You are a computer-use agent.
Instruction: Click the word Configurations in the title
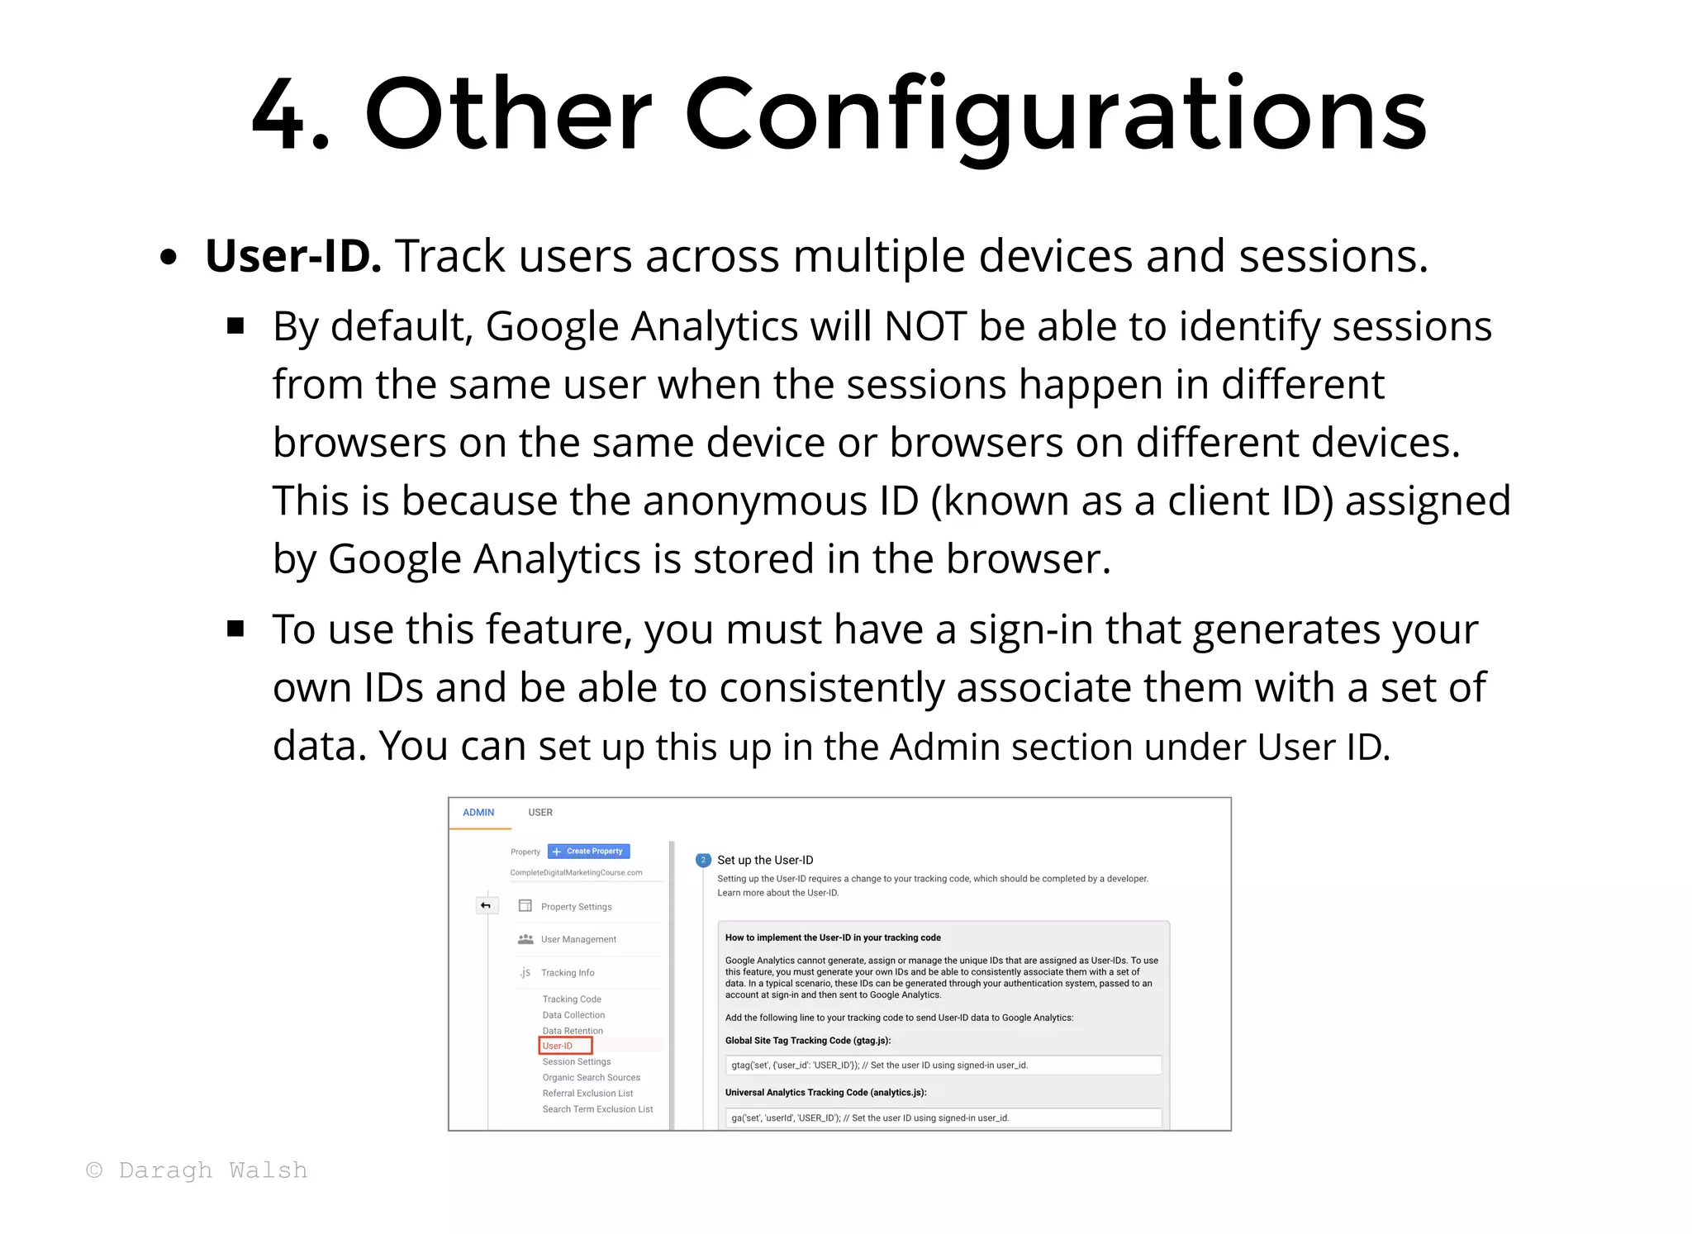(1055, 116)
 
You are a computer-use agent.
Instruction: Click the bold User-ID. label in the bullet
(292, 256)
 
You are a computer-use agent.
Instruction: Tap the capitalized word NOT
(924, 326)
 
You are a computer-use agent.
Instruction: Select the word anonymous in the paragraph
(780, 501)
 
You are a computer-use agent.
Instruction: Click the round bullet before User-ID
(169, 258)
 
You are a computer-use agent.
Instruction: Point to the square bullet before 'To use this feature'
(236, 629)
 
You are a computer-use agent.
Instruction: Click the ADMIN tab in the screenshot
(478, 813)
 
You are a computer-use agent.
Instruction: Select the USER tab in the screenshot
(540, 813)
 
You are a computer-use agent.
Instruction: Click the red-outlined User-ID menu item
(565, 1046)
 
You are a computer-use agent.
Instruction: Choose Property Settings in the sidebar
(576, 907)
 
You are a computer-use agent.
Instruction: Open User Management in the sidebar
(578, 939)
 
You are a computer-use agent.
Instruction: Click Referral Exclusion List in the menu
(587, 1094)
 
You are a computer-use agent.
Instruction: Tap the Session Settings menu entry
(577, 1062)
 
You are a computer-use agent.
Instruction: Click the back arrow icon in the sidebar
(486, 906)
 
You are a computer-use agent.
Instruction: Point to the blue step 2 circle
(703, 860)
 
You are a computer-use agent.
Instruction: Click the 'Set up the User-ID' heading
(765, 860)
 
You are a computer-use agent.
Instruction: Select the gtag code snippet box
(943, 1066)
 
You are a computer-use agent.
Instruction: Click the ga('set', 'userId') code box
(943, 1118)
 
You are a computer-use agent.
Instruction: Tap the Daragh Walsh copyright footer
(197, 1170)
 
